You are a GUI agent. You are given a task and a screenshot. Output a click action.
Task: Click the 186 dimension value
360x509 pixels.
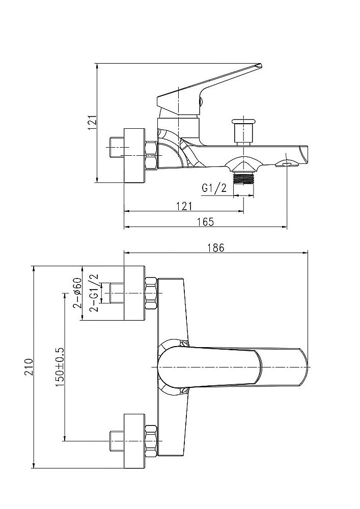(x=216, y=247)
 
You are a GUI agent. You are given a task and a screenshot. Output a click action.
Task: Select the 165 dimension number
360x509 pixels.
(x=206, y=222)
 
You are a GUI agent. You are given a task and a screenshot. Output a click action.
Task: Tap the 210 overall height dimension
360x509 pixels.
(x=29, y=367)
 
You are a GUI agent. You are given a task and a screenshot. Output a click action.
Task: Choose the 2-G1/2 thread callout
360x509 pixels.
(x=95, y=293)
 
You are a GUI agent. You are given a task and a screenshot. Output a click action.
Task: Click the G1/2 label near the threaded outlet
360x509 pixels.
(x=214, y=188)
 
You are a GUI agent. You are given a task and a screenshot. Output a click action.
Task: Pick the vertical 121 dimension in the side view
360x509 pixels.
(x=92, y=122)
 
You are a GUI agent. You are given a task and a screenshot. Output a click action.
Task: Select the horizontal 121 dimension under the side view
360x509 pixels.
(x=184, y=206)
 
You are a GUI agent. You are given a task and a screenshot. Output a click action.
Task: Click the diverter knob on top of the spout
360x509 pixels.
(x=243, y=132)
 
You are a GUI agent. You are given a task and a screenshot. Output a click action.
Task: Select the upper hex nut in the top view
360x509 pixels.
(x=152, y=293)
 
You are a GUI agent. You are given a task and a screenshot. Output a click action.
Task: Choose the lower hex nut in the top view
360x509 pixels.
(x=152, y=441)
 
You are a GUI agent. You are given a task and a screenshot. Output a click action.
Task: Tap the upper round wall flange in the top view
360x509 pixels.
(x=134, y=293)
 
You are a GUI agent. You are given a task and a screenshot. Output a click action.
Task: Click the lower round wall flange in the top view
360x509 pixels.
(x=134, y=441)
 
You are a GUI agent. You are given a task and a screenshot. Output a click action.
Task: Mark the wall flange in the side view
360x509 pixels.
(x=134, y=155)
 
